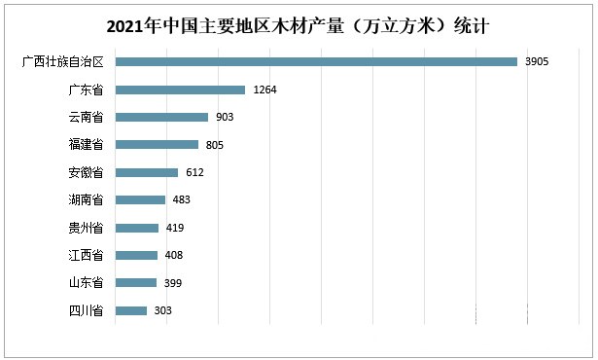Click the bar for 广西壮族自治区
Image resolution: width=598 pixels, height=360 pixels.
click(x=316, y=62)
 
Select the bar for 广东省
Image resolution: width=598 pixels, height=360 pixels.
click(x=180, y=90)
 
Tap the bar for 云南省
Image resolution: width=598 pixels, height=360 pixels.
click(x=161, y=117)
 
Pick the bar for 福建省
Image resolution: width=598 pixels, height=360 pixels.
click(x=157, y=145)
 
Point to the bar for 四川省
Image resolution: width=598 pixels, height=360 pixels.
click(x=131, y=310)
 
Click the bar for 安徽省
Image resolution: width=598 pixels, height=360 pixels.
click(x=147, y=172)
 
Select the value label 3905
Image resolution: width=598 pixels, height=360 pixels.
click(x=538, y=62)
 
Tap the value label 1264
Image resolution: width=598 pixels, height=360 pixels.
click(x=265, y=90)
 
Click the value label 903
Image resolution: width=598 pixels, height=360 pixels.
click(x=225, y=117)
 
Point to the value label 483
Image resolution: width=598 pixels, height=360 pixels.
click(x=181, y=200)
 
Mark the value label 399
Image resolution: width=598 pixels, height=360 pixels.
click(x=172, y=283)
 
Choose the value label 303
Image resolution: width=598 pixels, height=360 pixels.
click(x=162, y=310)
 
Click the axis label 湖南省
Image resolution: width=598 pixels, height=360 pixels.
click(x=86, y=200)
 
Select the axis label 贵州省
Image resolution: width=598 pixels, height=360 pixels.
click(x=86, y=228)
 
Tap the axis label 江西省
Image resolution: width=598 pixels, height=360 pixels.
click(x=86, y=255)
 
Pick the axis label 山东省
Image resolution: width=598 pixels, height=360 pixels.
click(x=86, y=283)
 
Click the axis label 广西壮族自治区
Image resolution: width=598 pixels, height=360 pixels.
click(x=62, y=62)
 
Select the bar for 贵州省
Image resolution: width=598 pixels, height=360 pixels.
click(x=137, y=228)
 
